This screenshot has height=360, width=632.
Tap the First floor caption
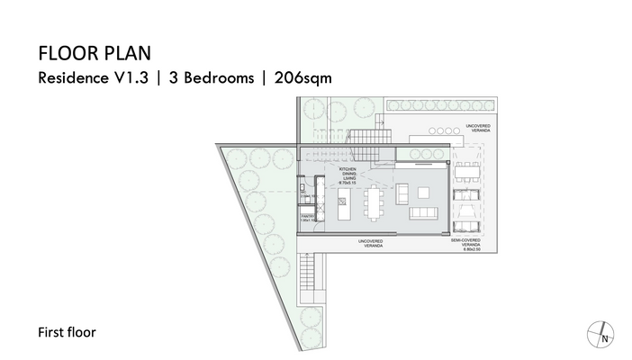67,332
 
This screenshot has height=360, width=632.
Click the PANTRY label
307,216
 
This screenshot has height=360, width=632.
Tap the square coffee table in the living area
425,191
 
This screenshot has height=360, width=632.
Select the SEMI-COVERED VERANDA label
466,243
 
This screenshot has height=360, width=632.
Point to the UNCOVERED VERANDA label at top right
478,129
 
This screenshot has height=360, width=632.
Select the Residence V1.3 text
91,77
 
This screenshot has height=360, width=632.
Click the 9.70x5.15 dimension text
348,183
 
